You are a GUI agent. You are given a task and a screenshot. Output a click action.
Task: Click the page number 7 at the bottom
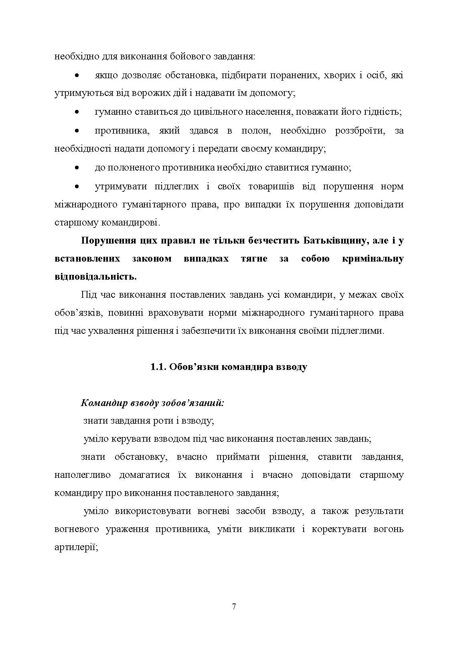click(234, 606)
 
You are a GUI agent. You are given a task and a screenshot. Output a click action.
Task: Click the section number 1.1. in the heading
click(159, 367)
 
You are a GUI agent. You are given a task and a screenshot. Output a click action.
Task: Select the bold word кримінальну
click(373, 258)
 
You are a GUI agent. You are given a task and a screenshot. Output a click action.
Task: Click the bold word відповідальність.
click(95, 276)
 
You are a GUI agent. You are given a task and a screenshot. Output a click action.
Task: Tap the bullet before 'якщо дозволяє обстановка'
click(77, 75)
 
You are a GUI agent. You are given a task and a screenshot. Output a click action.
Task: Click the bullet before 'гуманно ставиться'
click(77, 112)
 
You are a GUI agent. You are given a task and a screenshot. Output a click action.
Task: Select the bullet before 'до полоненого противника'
click(77, 168)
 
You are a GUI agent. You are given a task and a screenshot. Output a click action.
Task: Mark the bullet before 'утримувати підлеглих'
click(77, 186)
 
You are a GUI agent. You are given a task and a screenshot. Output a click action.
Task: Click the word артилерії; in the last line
click(76, 547)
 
